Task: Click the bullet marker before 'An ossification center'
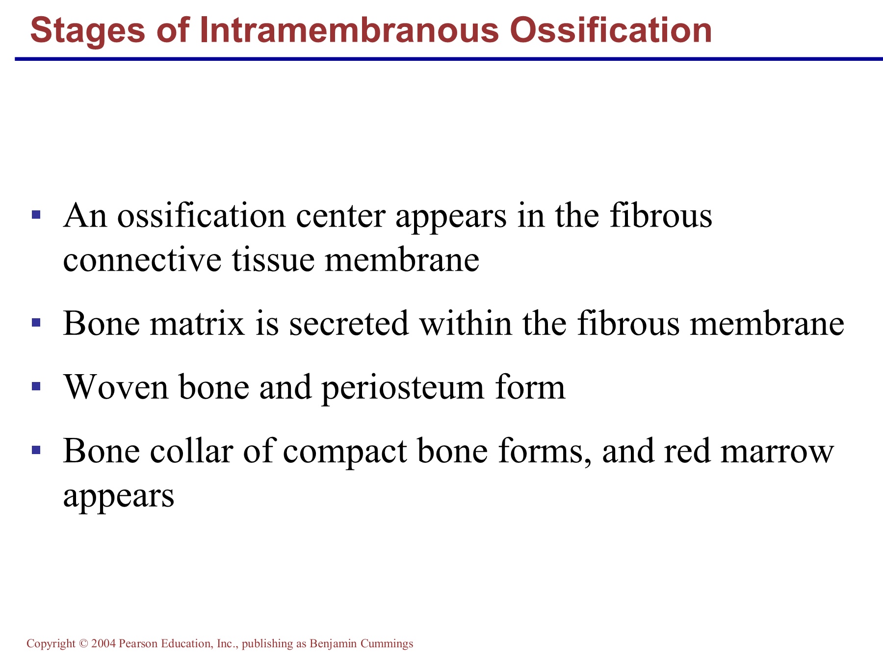tap(35, 215)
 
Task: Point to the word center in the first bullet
tap(340, 216)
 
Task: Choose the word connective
tap(142, 259)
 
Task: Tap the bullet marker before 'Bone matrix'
tap(35, 323)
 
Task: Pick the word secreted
tap(349, 324)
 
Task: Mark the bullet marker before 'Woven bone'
tap(35, 386)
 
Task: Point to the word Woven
tap(116, 388)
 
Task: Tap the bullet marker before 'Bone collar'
tap(35, 450)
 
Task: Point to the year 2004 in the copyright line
tap(104, 643)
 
